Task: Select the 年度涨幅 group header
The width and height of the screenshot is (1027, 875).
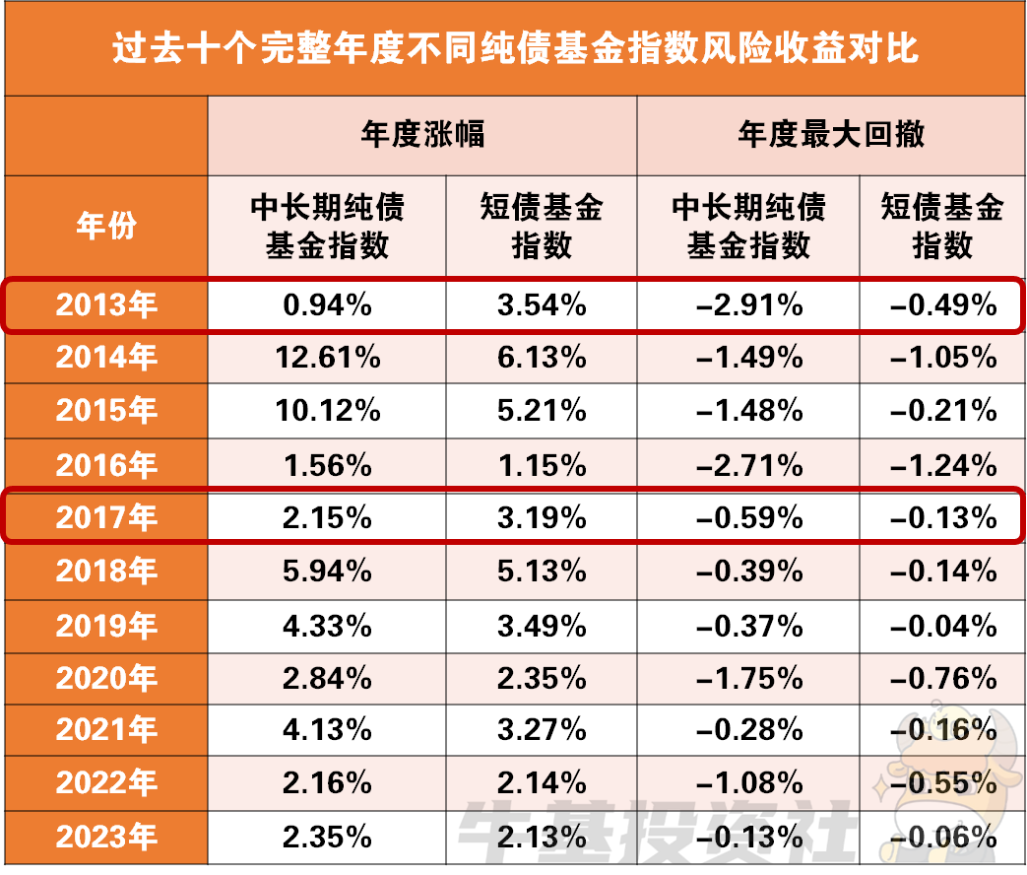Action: tap(422, 134)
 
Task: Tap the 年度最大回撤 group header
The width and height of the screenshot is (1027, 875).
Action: tap(831, 134)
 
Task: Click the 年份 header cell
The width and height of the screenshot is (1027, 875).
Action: tap(106, 226)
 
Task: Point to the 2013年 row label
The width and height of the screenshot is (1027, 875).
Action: tap(106, 304)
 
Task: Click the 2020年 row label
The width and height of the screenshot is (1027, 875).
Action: tap(106, 678)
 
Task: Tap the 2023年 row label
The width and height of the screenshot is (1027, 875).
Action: tap(106, 838)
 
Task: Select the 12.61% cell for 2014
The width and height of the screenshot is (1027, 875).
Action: tap(327, 358)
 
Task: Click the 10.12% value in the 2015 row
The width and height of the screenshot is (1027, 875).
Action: tap(327, 411)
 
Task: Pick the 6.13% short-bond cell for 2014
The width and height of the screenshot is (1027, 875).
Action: tap(542, 358)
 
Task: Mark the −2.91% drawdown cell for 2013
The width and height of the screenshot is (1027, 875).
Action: tap(748, 304)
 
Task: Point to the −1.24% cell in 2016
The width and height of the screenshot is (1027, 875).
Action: tap(942, 464)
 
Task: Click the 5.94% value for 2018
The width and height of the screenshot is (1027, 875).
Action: tap(327, 571)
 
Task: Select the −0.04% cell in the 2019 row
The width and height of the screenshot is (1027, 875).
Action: tap(942, 625)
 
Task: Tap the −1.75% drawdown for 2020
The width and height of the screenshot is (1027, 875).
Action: tap(748, 678)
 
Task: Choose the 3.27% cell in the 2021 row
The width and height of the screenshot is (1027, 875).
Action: tap(542, 731)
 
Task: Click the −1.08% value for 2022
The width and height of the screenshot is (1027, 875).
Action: tap(748, 784)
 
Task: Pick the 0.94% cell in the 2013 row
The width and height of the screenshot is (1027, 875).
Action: tap(327, 304)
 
